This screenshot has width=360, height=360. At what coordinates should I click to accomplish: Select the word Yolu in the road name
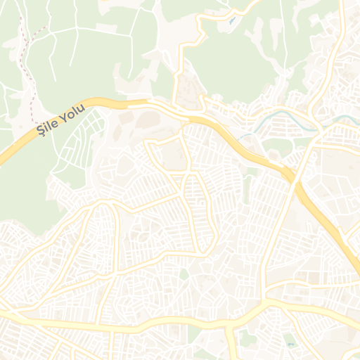point(73,112)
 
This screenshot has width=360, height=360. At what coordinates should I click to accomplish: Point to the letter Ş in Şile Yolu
point(39,130)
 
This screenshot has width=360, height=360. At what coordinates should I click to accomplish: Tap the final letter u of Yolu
point(82,108)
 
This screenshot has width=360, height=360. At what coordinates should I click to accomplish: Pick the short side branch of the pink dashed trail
point(40,30)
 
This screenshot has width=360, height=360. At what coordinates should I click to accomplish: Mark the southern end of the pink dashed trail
point(33,120)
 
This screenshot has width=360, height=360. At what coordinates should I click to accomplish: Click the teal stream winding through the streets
point(281,112)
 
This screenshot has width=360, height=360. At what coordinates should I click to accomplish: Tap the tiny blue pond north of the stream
point(233,20)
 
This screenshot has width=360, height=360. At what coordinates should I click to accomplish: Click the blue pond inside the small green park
point(290,342)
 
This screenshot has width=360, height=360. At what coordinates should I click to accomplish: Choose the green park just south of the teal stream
point(274,145)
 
